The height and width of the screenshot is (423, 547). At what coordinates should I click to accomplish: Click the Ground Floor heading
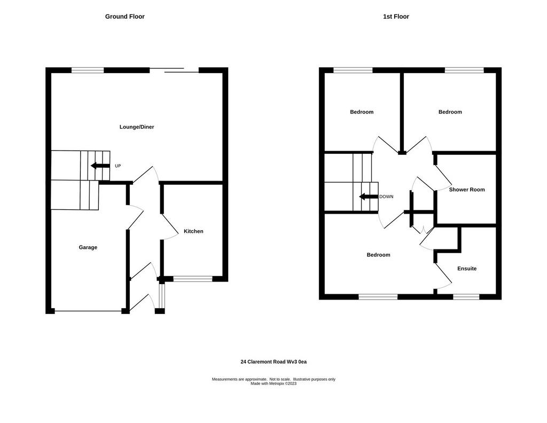tap(124, 17)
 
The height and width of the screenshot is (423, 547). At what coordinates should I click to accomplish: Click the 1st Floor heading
tap(396, 17)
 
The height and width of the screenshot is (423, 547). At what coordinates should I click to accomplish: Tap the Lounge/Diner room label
tap(137, 127)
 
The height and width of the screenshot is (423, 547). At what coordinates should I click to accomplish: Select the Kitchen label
tap(193, 231)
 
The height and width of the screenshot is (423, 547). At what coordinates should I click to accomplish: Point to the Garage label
tap(88, 247)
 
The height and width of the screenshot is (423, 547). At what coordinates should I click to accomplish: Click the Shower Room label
tap(467, 190)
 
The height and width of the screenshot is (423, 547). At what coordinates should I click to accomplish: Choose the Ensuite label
tap(467, 269)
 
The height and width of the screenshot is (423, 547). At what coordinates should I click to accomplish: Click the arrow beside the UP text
tap(100, 166)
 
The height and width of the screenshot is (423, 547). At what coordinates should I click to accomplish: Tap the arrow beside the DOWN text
tap(369, 197)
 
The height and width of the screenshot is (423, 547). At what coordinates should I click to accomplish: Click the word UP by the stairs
tap(118, 166)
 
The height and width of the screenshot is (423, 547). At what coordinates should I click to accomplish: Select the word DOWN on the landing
tap(386, 197)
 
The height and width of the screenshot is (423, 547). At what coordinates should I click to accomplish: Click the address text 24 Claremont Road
tap(263, 362)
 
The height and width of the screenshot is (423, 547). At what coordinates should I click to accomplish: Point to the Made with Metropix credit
tap(273, 383)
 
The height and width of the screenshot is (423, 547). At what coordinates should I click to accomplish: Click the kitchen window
tap(192, 279)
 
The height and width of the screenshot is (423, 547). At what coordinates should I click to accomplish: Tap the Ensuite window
tap(466, 297)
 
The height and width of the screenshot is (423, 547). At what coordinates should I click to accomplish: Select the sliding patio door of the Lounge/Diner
tap(174, 70)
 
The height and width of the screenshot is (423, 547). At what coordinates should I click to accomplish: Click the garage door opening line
tap(88, 311)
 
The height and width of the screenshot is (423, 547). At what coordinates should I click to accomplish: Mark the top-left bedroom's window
tap(353, 70)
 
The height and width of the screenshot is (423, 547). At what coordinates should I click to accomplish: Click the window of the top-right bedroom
tap(464, 70)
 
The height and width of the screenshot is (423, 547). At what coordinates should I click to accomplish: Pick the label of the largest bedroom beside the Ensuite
tap(378, 255)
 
